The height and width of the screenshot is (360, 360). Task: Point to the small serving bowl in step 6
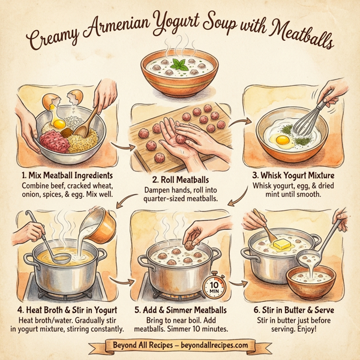[x=310, y=281]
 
